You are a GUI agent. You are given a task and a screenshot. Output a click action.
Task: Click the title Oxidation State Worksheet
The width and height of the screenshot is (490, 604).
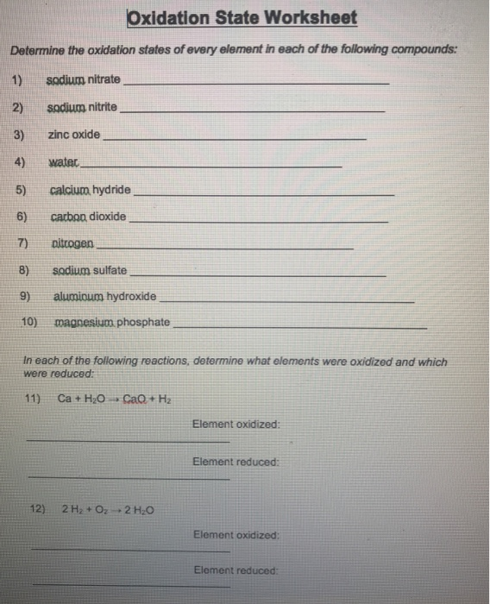tap(242, 18)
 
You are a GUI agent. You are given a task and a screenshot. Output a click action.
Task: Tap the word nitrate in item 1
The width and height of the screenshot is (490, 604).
tap(104, 80)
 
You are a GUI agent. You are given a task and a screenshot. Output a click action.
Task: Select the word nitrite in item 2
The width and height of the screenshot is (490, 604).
tap(102, 108)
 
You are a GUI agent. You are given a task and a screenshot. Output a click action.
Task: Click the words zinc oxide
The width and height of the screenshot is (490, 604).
tap(74, 135)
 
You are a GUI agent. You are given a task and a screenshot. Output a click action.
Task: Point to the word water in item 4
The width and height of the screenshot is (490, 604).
tap(64, 162)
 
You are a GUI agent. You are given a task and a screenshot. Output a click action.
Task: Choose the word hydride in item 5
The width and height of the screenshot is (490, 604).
tap(112, 190)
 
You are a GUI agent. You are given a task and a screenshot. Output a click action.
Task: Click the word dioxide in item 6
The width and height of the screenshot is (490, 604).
tap(108, 216)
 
